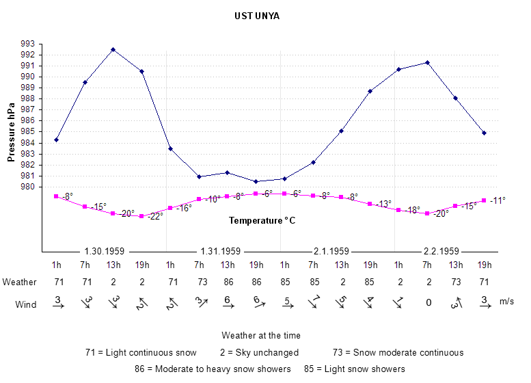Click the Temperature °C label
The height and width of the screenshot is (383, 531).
(262, 221)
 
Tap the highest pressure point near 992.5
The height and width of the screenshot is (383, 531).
(113, 50)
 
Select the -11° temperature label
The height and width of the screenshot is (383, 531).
(497, 200)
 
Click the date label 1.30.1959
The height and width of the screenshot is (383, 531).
(105, 251)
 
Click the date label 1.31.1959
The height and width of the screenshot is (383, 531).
(221, 251)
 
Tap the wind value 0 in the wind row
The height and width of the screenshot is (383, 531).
(428, 302)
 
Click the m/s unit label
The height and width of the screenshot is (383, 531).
(507, 301)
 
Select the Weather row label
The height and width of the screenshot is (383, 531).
(19, 282)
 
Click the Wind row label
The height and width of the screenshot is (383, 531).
(26, 305)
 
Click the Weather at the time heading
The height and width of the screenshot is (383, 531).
(261, 336)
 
